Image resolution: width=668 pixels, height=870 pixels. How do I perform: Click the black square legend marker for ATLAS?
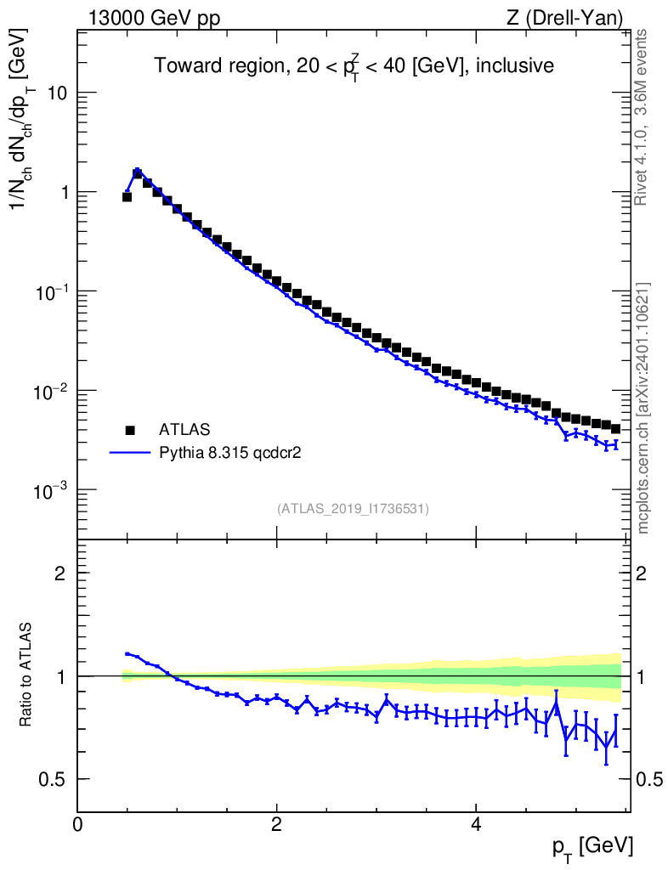130,430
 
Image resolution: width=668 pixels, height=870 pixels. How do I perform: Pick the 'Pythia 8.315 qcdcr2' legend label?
230,453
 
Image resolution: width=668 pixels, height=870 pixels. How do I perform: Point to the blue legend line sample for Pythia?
130,453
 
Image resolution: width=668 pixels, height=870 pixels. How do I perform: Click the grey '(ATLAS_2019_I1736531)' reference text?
353,509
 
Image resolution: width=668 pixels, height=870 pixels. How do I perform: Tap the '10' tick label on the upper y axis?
57,93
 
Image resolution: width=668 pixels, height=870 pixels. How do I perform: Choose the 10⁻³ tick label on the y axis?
53,490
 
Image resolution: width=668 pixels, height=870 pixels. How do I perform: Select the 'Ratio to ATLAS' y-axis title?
26,675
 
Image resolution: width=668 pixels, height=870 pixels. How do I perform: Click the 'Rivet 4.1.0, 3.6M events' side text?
643,116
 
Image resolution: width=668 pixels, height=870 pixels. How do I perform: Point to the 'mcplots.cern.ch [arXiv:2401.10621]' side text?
643,408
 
